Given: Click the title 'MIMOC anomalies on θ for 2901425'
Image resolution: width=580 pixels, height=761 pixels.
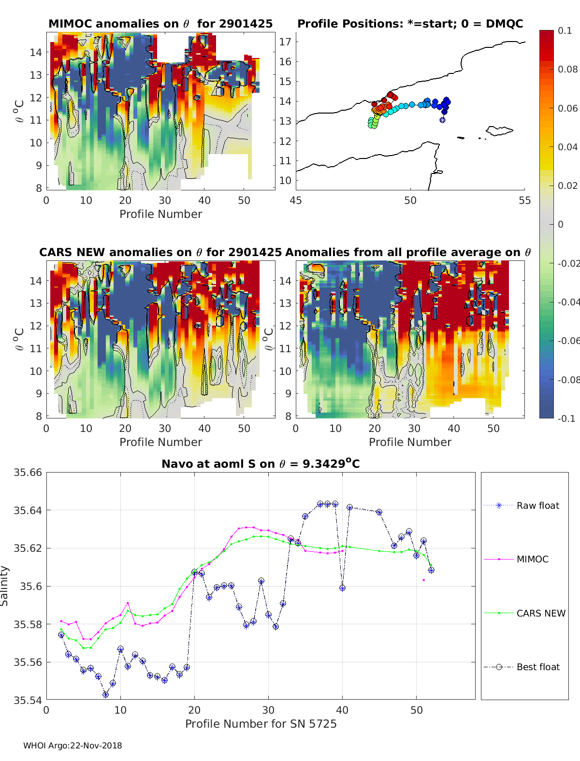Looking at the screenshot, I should [x=160, y=24].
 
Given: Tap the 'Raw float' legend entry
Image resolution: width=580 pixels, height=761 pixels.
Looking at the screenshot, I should [x=537, y=505].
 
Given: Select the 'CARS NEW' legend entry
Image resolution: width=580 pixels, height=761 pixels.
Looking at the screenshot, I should [x=540, y=613].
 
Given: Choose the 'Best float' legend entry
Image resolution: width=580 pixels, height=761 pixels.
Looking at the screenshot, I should [x=537, y=667].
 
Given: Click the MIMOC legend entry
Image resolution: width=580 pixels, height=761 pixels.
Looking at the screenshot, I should [x=532, y=559].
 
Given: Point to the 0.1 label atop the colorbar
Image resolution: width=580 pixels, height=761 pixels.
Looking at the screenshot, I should [x=565, y=30].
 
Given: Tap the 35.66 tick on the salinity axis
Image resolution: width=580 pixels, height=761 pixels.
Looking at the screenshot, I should [x=28, y=473].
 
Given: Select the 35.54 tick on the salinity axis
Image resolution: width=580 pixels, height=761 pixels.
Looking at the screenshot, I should [x=28, y=700].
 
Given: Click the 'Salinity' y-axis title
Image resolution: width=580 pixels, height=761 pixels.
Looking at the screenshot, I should [x=5, y=586].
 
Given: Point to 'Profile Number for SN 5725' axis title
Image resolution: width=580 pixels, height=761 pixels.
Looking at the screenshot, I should [x=261, y=723].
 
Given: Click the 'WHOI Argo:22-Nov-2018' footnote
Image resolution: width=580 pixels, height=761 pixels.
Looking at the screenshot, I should [x=72, y=746].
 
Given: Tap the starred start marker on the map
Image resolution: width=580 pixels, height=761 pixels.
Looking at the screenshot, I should [x=442, y=120].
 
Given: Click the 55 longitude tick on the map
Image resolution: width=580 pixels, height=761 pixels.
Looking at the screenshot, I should [x=524, y=201].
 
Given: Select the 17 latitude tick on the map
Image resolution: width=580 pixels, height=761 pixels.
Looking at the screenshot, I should [x=285, y=42].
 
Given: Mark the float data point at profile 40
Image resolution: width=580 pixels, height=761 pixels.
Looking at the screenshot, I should [x=342, y=588].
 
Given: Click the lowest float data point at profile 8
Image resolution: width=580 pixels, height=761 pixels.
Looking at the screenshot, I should [x=105, y=695].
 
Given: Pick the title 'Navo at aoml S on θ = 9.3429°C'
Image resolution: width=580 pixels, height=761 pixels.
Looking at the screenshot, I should [x=261, y=464].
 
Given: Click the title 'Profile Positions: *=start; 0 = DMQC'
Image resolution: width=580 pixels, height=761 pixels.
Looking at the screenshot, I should [x=410, y=24].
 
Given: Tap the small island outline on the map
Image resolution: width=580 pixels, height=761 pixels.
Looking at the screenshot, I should [x=499, y=130].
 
